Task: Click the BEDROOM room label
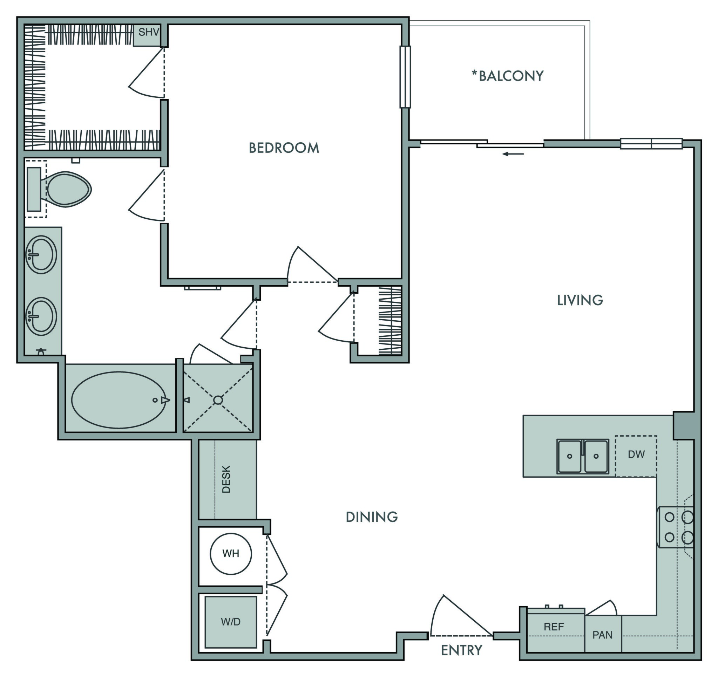tap(284, 148)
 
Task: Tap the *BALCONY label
tap(507, 76)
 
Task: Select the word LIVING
tap(580, 300)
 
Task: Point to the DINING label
tap(372, 517)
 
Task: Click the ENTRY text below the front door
tap(461, 650)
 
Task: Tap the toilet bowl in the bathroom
tap(68, 189)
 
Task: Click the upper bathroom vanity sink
tap(41, 255)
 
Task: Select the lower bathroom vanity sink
tap(41, 317)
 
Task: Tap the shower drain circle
tap(218, 400)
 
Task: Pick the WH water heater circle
tap(231, 554)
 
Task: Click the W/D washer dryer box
tap(231, 622)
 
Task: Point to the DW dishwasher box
tap(636, 455)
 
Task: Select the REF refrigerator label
tap(554, 627)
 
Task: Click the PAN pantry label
tap(603, 635)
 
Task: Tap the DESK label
tap(226, 479)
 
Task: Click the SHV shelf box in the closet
tap(148, 33)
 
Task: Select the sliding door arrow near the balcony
tap(513, 154)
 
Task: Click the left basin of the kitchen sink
tap(569, 456)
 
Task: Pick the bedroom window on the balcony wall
tap(405, 77)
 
